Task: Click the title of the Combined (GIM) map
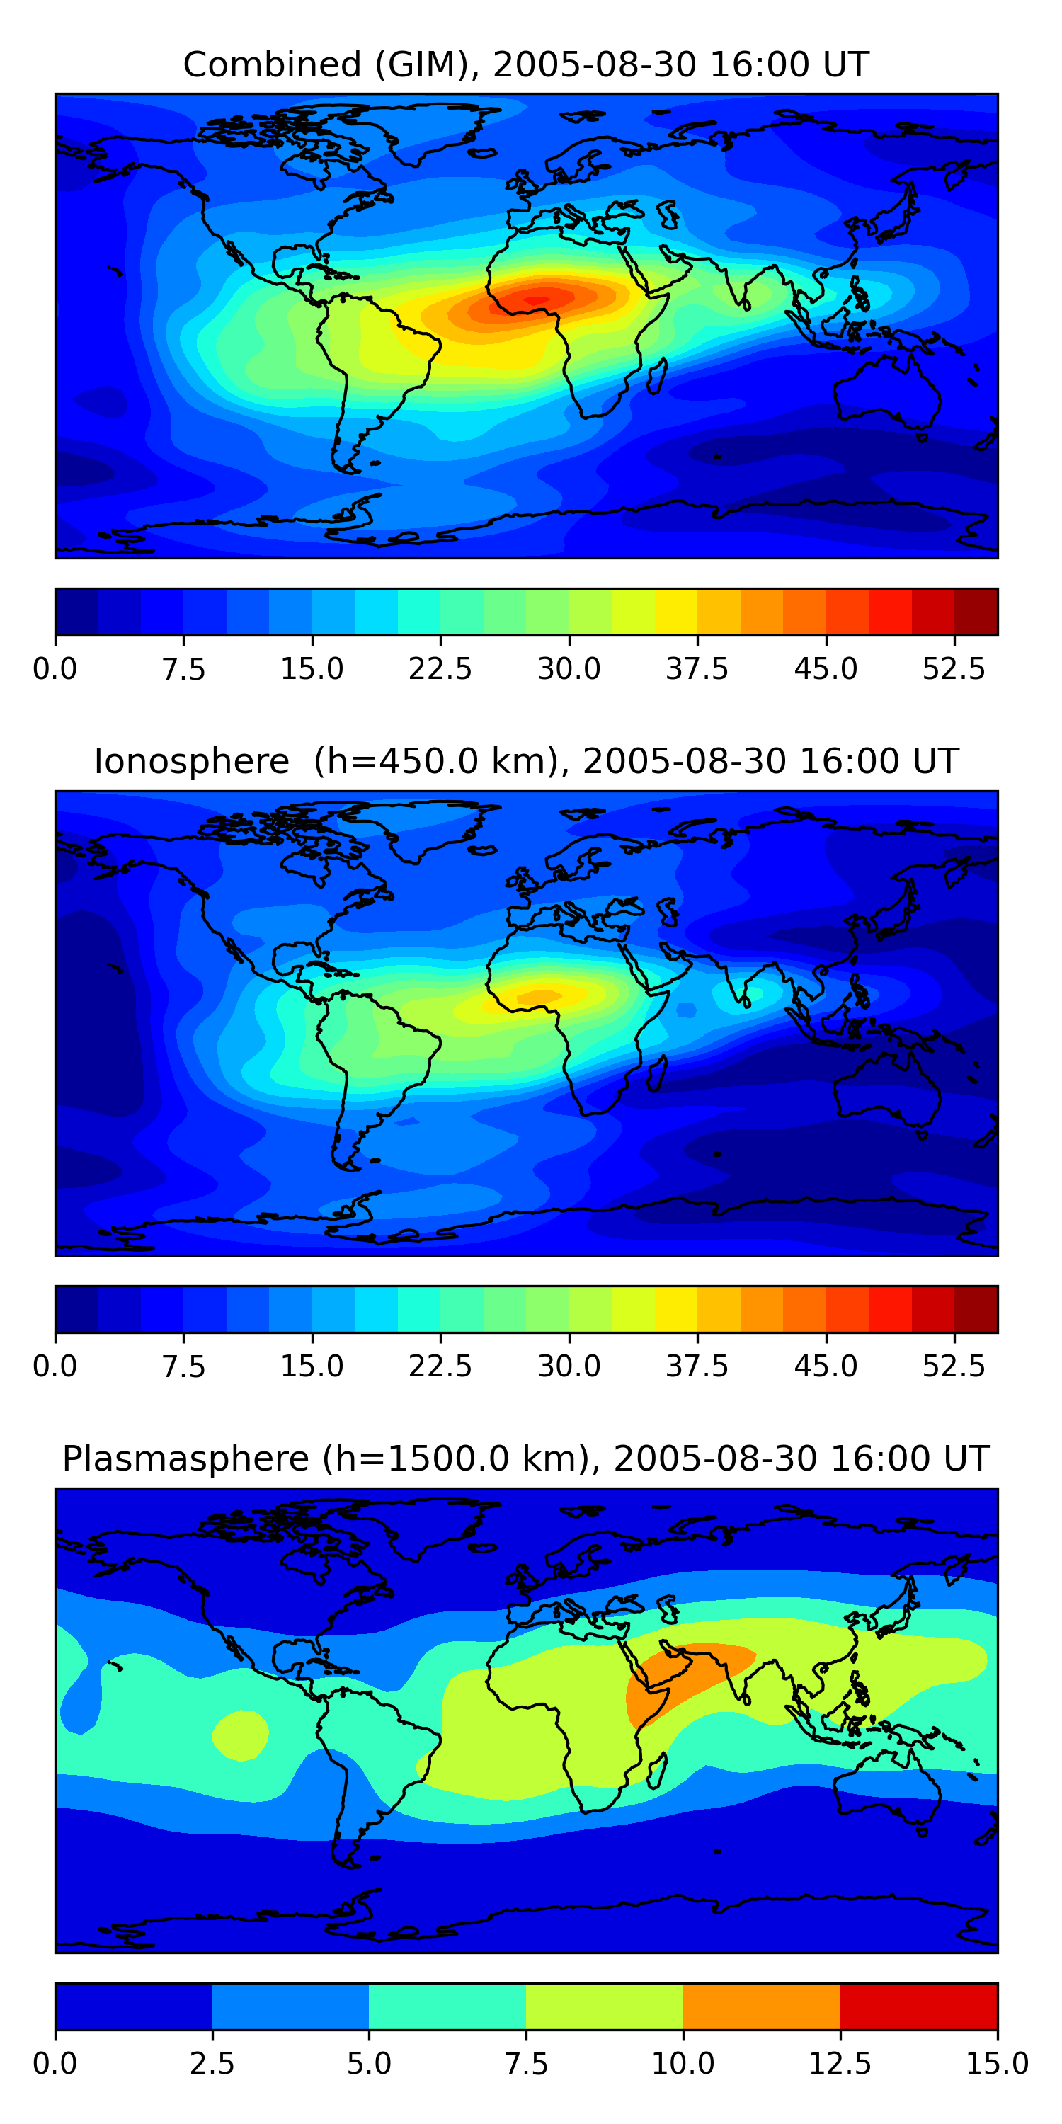coord(526,64)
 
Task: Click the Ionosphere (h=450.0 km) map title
coord(526,761)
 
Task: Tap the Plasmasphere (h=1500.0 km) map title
coord(526,1458)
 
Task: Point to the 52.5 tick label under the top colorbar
coord(953,668)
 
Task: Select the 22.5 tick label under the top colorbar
coord(440,668)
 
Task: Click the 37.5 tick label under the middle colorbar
coord(697,1366)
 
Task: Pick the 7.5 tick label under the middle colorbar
coord(183,1366)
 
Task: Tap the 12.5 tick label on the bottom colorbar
coord(840,2063)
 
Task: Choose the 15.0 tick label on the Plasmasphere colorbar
coord(997,2063)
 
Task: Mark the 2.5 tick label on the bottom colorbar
coord(212,2063)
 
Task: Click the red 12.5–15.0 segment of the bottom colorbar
coord(918,2006)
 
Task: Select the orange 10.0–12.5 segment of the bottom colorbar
coord(761,2006)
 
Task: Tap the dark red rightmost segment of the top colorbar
coord(976,612)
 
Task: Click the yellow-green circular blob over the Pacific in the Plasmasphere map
coord(240,1735)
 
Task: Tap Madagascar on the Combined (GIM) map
coord(657,375)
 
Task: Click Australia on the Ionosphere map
coord(886,1088)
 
